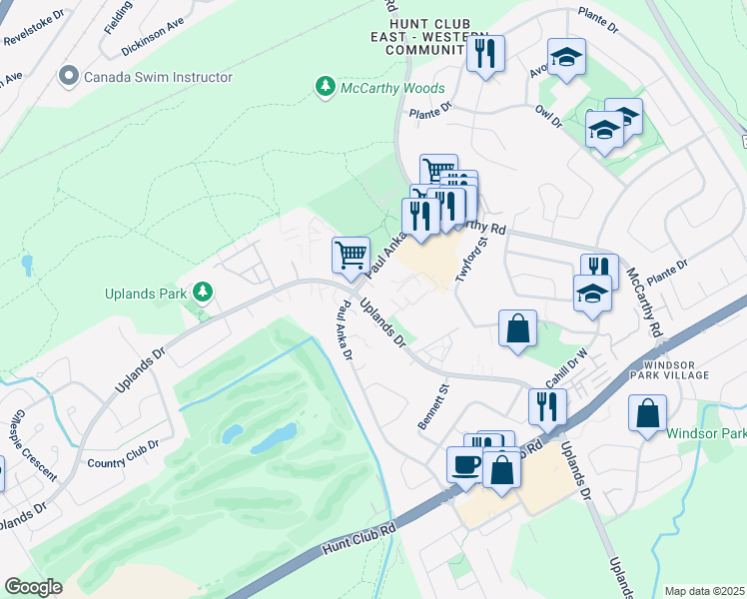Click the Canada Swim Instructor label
tap(158, 77)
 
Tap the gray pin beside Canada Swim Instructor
tap(69, 76)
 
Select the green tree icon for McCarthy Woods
tap(325, 88)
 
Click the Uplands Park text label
tap(146, 294)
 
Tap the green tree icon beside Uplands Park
tap(204, 292)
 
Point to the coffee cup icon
tap(464, 464)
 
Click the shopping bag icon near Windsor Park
tap(647, 411)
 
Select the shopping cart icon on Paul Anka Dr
tap(351, 255)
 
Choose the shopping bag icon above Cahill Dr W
tap(517, 328)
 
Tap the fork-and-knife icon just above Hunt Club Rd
tap(546, 405)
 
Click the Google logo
tap(33, 587)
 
